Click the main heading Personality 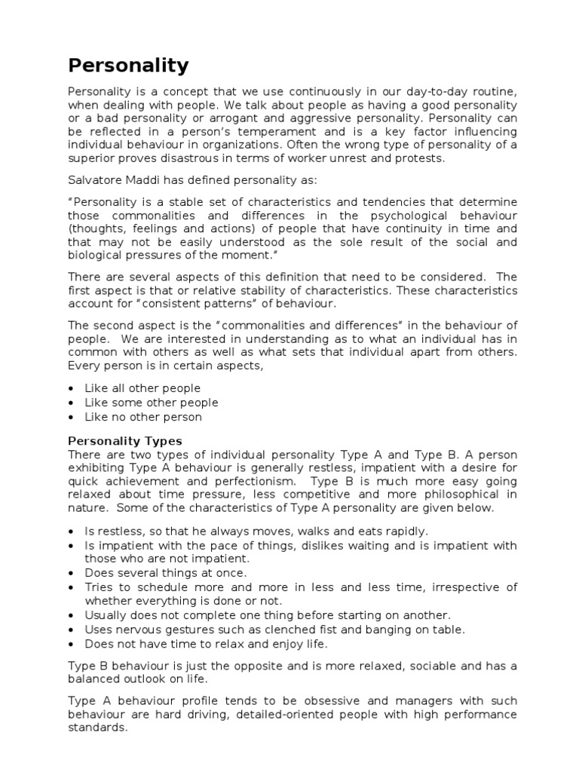(x=128, y=66)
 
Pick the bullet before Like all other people (x=71, y=388)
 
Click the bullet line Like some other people (x=152, y=403)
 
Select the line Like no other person (x=143, y=417)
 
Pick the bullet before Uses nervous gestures (x=71, y=630)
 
